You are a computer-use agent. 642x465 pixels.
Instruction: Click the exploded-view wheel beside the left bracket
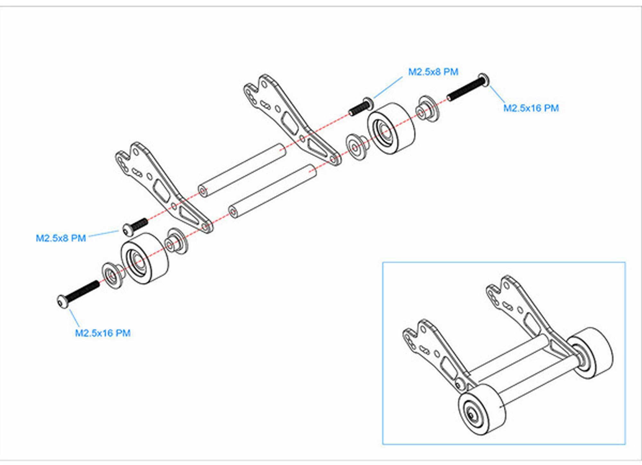click(145, 258)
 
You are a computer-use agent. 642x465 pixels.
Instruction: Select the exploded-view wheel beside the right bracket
click(391, 129)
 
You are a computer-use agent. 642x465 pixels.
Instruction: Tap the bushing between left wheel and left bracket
click(176, 241)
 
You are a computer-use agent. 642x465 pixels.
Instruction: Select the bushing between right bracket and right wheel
click(357, 147)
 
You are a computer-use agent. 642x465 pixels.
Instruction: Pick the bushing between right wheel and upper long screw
click(428, 109)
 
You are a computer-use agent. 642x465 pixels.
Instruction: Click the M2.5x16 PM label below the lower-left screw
click(103, 333)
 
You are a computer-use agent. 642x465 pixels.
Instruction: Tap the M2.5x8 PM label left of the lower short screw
click(61, 238)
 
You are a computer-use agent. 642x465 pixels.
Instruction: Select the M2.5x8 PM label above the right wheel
click(433, 72)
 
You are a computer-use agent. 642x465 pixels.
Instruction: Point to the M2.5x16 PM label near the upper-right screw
click(531, 108)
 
